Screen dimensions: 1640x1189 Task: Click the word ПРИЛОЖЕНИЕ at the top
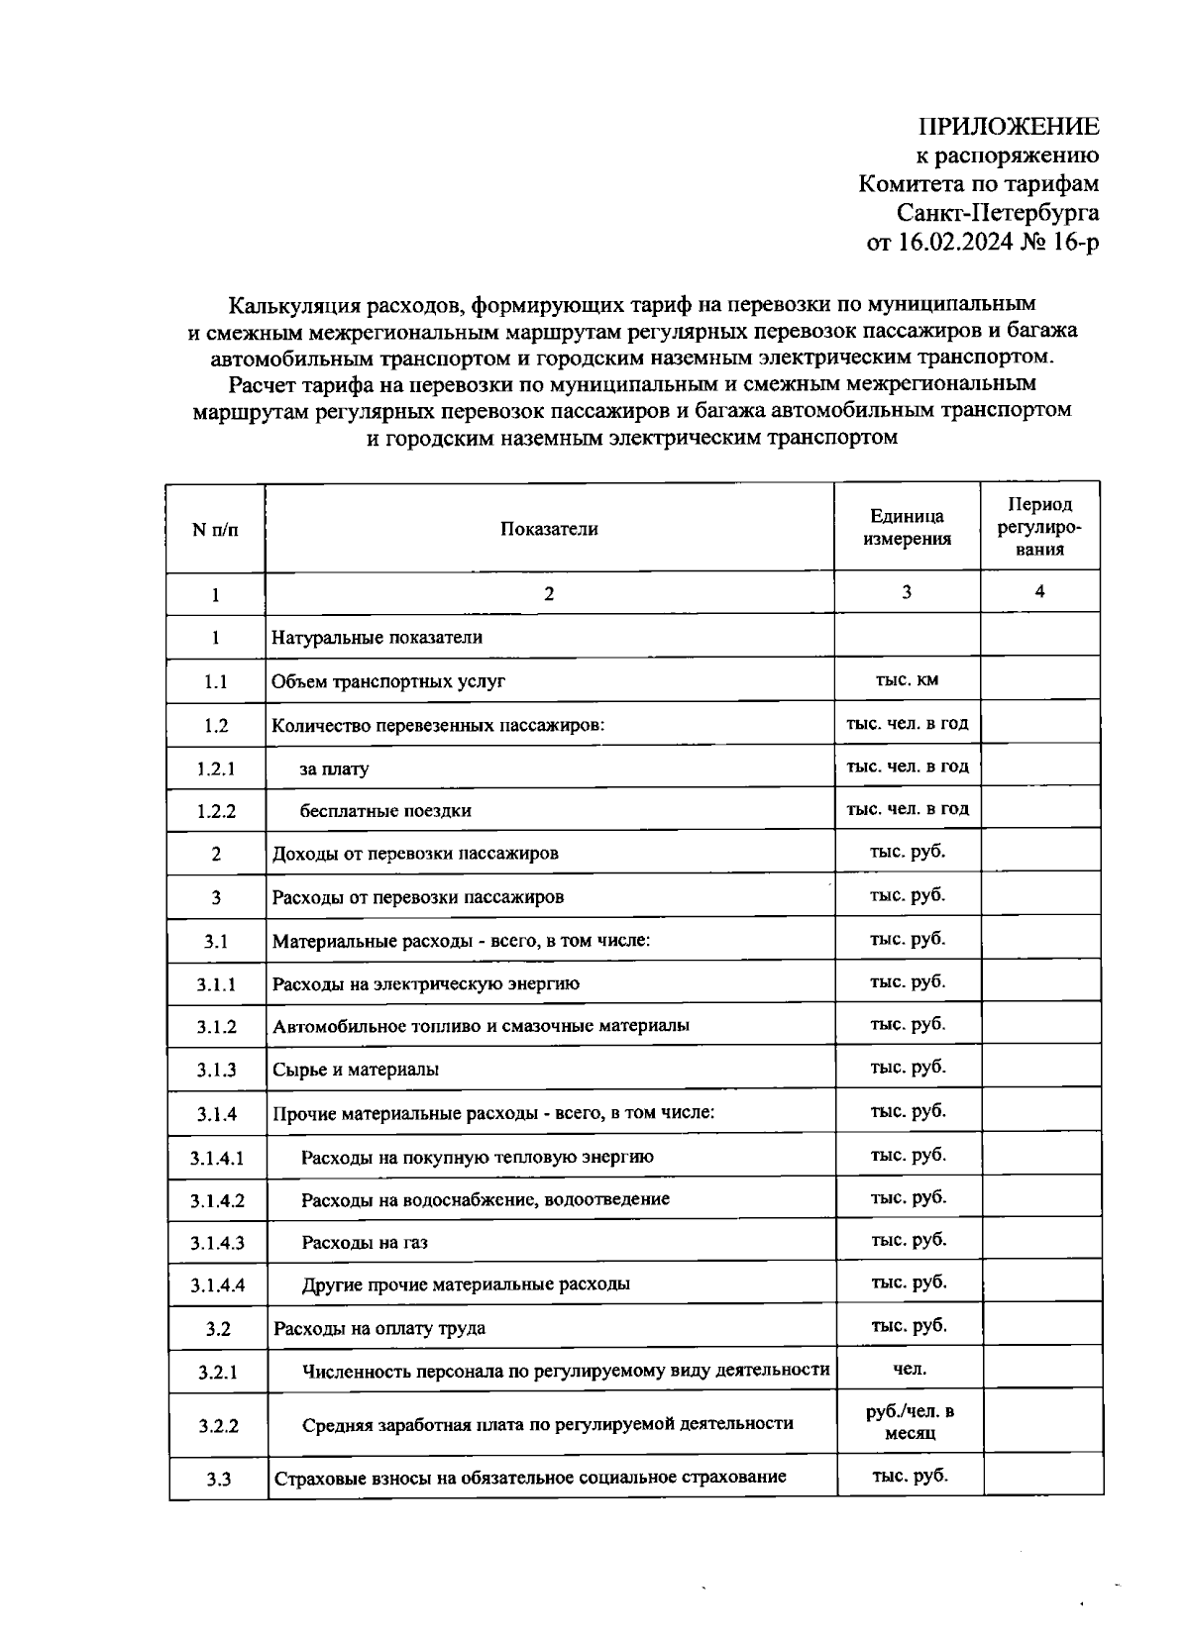tap(1009, 127)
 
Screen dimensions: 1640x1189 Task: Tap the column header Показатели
tap(549, 529)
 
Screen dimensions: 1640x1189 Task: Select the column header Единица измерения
tap(907, 528)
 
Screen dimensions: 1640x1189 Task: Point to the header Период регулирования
tap(1039, 527)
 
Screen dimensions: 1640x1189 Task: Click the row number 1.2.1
tap(216, 769)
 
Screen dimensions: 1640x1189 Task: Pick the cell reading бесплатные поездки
tap(386, 811)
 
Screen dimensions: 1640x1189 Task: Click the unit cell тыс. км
tap(907, 679)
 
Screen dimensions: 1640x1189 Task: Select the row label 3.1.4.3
tap(217, 1243)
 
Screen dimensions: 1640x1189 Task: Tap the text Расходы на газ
tap(365, 1243)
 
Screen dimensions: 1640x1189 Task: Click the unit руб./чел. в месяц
tap(910, 1422)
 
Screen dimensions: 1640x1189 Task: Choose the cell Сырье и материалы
tap(356, 1070)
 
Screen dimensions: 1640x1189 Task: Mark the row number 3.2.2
tap(218, 1426)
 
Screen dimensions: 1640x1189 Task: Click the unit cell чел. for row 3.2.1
tap(910, 1370)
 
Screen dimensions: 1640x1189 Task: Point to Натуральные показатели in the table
tap(378, 638)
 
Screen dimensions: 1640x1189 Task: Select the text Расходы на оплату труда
tap(379, 1329)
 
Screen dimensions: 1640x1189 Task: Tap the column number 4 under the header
tap(1039, 592)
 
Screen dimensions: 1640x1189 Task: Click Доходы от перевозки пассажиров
tap(415, 854)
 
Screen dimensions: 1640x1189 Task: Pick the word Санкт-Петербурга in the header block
tap(998, 213)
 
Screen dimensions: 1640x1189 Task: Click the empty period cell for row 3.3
tap(1042, 1476)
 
